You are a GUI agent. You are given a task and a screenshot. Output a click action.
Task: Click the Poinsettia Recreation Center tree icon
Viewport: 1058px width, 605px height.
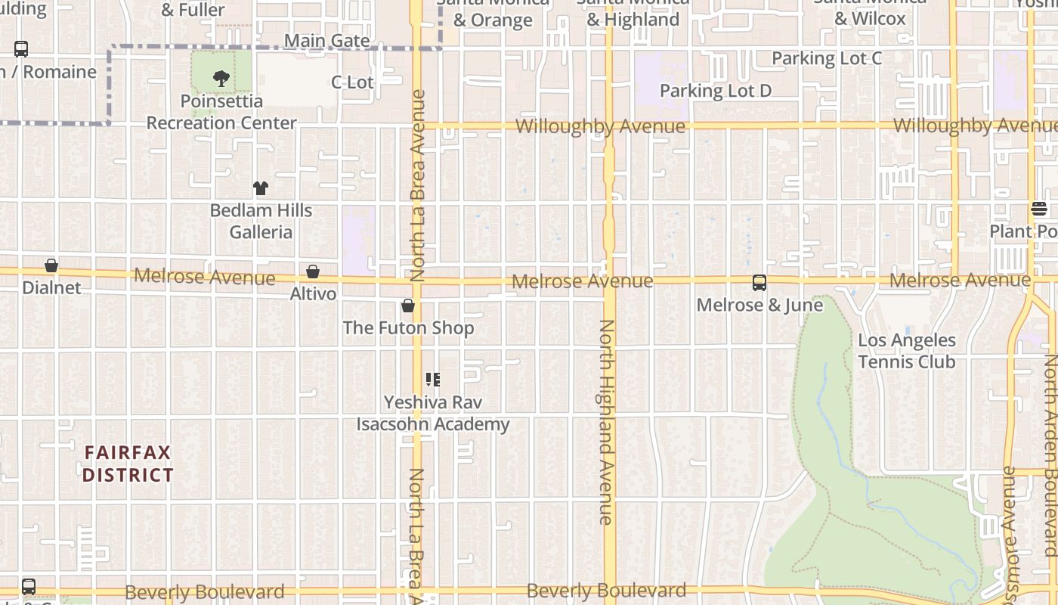221,77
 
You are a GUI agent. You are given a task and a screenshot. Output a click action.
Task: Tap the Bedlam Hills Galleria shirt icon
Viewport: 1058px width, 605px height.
261,188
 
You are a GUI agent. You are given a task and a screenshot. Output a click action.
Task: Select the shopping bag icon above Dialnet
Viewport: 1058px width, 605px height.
51,265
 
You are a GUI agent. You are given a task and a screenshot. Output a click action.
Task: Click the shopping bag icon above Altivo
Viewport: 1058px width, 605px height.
313,271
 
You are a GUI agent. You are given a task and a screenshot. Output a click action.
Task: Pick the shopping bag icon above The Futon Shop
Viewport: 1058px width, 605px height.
408,306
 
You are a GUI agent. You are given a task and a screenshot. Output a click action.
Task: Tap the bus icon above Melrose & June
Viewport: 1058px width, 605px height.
759,283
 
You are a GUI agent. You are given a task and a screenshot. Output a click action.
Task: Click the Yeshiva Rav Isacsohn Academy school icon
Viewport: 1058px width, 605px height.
432,379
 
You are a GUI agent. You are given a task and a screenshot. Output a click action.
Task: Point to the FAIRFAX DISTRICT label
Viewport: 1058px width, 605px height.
128,464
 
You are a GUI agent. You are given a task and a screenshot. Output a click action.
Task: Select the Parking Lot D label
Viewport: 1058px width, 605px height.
716,91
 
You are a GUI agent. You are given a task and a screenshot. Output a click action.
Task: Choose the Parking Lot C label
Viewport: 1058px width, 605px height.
827,58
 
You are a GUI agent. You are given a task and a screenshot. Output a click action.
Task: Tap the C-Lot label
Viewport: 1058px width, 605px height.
352,82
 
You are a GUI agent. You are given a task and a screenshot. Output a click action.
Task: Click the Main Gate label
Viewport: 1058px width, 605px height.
327,41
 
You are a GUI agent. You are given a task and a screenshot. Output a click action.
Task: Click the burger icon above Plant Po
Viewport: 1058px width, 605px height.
1039,209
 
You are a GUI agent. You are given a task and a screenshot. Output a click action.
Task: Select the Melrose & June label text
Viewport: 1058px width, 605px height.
759,305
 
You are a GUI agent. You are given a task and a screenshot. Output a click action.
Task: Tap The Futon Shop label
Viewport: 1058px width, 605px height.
408,327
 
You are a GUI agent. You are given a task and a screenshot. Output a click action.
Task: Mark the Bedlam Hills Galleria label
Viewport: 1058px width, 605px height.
261,221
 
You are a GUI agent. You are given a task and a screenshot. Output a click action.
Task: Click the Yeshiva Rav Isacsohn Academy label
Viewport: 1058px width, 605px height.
433,413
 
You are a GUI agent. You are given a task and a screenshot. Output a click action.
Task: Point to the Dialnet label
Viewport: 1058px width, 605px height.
51,287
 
